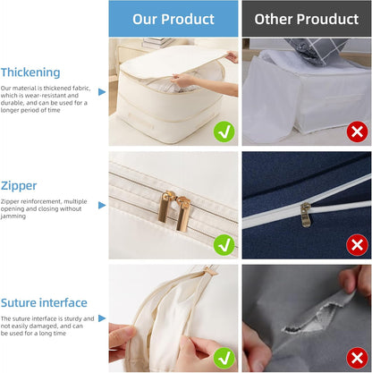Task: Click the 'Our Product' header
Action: pyautogui.click(x=173, y=19)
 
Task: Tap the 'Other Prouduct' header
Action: pyautogui.click(x=307, y=19)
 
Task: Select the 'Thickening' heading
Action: pyautogui.click(x=31, y=72)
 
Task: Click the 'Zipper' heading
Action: pyautogui.click(x=20, y=185)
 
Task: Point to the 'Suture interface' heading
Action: pyautogui.click(x=45, y=302)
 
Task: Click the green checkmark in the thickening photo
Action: pyautogui.click(x=224, y=131)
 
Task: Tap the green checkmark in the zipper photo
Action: pyautogui.click(x=224, y=243)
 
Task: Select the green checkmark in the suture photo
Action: pyautogui.click(x=224, y=358)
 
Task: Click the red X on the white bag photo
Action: pyautogui.click(x=358, y=131)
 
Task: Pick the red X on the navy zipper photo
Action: pyautogui.click(x=358, y=243)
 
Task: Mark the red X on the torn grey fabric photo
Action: pyautogui.click(x=358, y=358)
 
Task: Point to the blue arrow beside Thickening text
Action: pyautogui.click(x=101, y=91)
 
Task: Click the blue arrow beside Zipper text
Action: pyautogui.click(x=101, y=205)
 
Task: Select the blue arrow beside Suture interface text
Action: pyautogui.click(x=101, y=319)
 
